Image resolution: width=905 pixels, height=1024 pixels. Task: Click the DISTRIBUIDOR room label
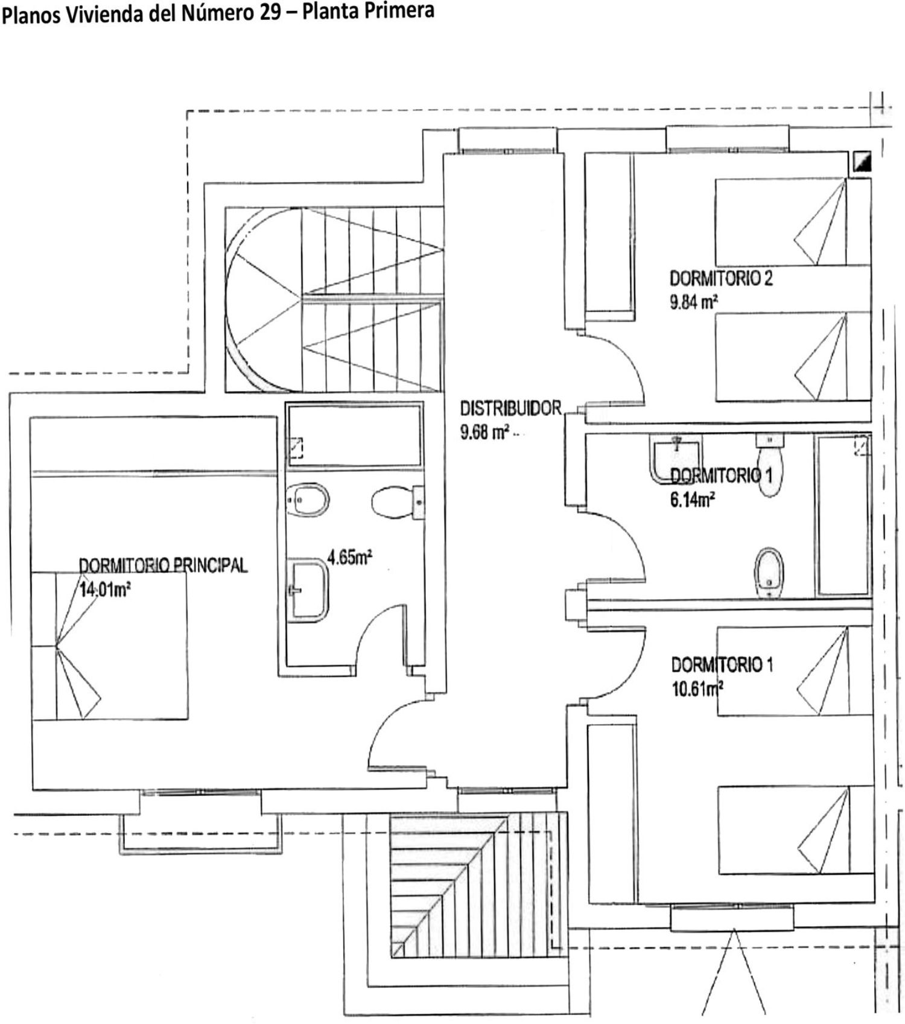click(x=510, y=409)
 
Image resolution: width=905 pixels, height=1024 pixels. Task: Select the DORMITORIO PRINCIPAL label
click(x=164, y=565)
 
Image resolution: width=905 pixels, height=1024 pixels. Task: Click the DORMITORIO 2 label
click(x=721, y=279)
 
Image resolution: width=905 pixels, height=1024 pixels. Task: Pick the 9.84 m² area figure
click(x=693, y=302)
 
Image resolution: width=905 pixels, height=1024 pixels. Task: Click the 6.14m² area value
click(x=693, y=500)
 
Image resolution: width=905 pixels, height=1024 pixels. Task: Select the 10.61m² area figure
click(x=697, y=688)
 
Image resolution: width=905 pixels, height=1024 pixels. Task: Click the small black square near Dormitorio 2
click(x=862, y=162)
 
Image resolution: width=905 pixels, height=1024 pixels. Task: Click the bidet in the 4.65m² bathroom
click(x=308, y=500)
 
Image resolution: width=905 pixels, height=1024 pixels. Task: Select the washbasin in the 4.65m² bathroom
click(x=308, y=590)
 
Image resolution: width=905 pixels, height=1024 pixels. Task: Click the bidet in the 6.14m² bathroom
click(x=769, y=571)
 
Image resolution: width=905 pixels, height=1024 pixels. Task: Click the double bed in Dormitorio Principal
click(x=110, y=646)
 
